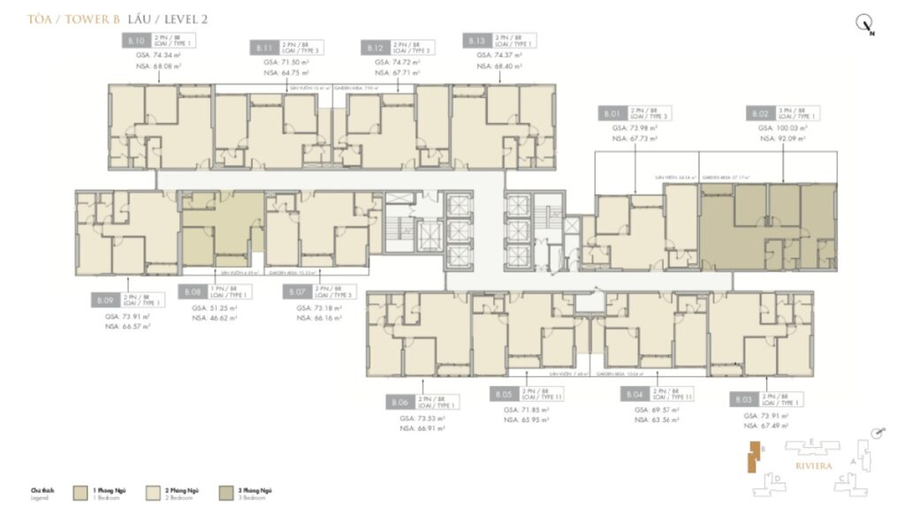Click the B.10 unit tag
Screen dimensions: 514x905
pyautogui.click(x=135, y=41)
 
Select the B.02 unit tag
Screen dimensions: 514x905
pyautogui.click(x=759, y=113)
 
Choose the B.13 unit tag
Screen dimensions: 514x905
pyautogui.click(x=475, y=41)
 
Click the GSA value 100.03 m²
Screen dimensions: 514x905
pyautogui.click(x=782, y=129)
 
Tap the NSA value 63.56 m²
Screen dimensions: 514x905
pyautogui.click(x=657, y=421)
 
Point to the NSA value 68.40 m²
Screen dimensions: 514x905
pyautogui.click(x=499, y=65)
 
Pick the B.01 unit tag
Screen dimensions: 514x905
pyautogui.click(x=612, y=113)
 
